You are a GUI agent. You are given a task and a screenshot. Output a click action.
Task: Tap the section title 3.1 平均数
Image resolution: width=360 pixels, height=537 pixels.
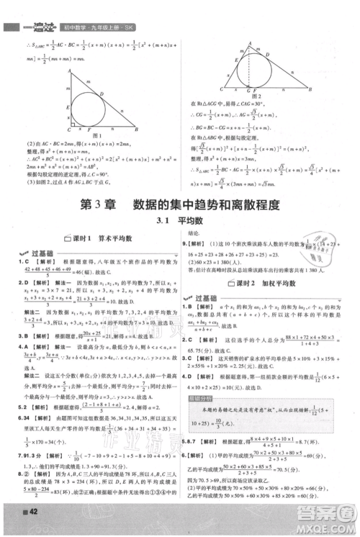coord(180,223)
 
